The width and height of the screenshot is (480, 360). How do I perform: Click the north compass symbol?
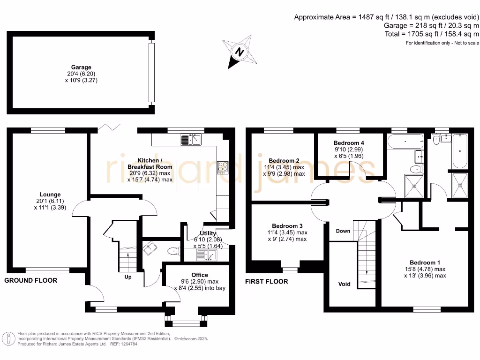click(240, 52)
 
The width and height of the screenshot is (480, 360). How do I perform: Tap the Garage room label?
click(81, 67)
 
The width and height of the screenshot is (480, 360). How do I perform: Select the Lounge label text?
click(50, 195)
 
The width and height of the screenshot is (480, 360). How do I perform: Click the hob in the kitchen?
click(223, 167)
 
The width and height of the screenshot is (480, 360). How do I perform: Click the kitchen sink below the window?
click(191, 139)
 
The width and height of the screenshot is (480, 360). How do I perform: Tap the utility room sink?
click(207, 255)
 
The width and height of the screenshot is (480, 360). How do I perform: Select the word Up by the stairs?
click(127, 277)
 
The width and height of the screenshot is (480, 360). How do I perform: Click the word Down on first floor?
click(343, 231)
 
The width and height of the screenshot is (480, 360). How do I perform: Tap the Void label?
click(345, 284)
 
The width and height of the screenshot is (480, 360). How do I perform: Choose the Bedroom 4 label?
click(349, 142)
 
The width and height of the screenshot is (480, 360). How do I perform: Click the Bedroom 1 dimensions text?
click(425, 272)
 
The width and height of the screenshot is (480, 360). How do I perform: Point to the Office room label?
click(200, 275)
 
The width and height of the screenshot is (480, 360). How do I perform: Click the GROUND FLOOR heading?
click(31, 280)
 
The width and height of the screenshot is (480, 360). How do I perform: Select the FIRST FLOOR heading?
click(267, 281)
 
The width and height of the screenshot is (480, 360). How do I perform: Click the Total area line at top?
click(431, 34)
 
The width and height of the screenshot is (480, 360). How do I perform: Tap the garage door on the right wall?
click(151, 73)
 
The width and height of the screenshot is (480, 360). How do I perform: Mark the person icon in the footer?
click(8, 338)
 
